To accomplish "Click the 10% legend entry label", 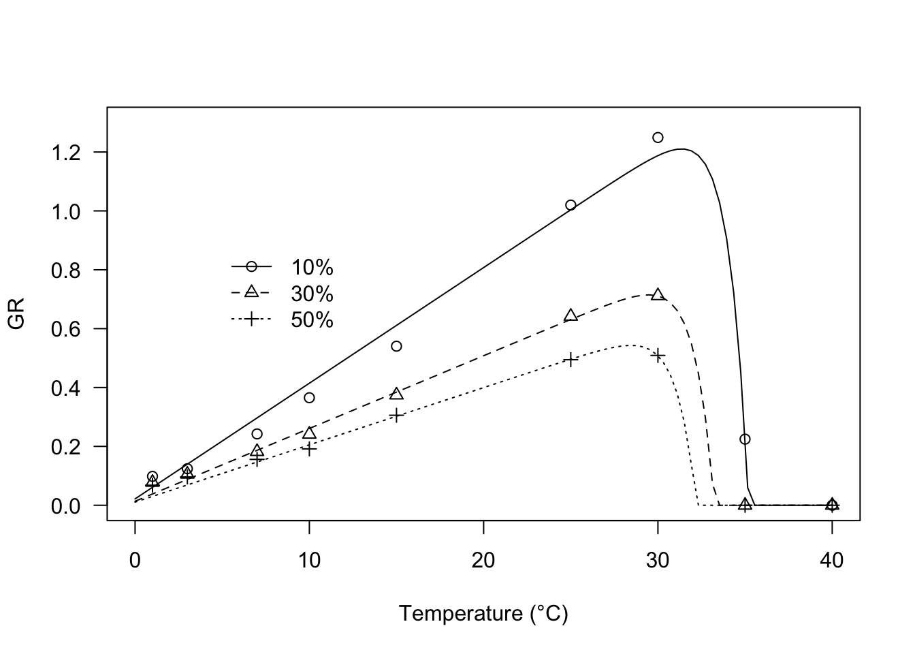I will [x=312, y=267].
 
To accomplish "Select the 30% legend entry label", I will [x=312, y=294].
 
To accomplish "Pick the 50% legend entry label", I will [x=312, y=320].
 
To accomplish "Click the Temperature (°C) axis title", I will [x=483, y=614].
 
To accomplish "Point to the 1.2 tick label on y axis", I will [x=67, y=152].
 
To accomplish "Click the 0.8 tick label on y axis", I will [x=67, y=270].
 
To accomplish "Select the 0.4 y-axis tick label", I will [x=67, y=388].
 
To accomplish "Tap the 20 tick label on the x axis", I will [x=483, y=561].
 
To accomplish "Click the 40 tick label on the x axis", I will [x=832, y=561].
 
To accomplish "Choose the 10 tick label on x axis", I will [x=309, y=561].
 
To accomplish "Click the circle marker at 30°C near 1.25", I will [x=658, y=138].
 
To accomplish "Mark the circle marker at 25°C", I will [x=571, y=205].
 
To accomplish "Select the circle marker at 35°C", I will [x=745, y=439].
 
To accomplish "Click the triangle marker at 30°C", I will [x=658, y=295].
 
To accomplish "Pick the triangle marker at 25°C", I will [x=571, y=315].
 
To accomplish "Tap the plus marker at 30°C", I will [x=658, y=356].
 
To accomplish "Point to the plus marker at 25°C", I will [x=571, y=360].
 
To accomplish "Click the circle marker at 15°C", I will [x=396, y=346].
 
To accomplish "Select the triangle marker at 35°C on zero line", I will [x=745, y=505].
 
